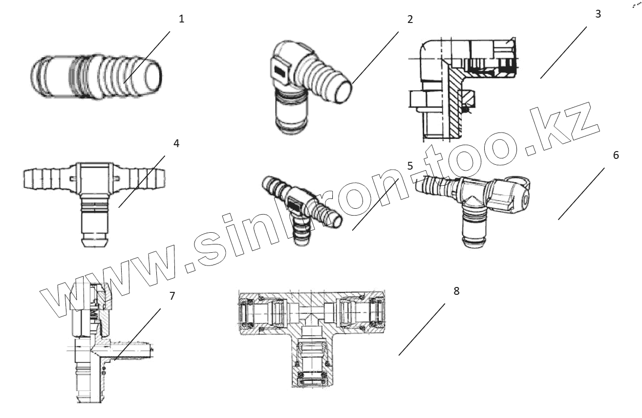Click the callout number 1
[x=181, y=20]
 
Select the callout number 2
[x=409, y=20]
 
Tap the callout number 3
[x=598, y=14]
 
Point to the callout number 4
[x=176, y=144]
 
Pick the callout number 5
[x=409, y=165]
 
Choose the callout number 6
[x=616, y=155]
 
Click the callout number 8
[x=456, y=291]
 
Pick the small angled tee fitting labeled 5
[x=300, y=205]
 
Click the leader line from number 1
[x=147, y=56]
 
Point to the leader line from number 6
[x=581, y=194]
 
